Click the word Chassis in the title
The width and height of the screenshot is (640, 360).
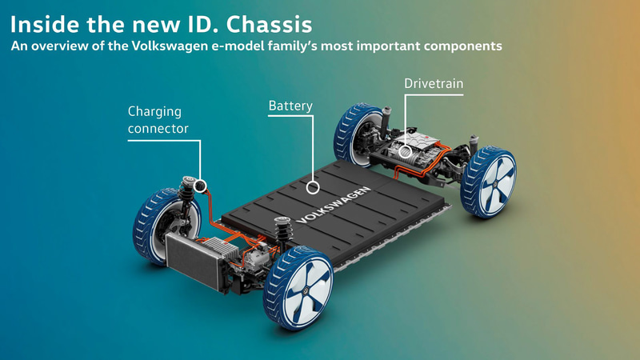coord(270,24)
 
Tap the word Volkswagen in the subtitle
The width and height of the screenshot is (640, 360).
coord(170,46)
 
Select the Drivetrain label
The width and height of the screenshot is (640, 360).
coord(434,83)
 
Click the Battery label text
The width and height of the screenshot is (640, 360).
coord(290,106)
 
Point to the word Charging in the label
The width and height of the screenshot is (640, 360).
coord(154,112)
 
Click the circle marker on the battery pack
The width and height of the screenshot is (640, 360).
coord(313,187)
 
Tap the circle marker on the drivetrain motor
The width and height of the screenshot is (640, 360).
coord(405,152)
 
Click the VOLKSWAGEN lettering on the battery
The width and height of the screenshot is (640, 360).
coord(334,206)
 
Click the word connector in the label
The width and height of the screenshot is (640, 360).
coord(158,129)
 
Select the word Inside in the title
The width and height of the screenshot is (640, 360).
coord(45,24)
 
